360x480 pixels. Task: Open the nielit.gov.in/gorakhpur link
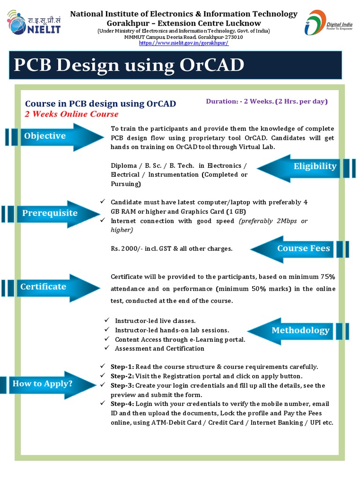pyautogui.click(x=184, y=43)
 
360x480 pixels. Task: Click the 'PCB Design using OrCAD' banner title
pyautogui.click(x=129, y=65)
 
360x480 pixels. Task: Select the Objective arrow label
pyautogui.click(x=45, y=136)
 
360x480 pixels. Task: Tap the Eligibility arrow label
pyautogui.click(x=315, y=166)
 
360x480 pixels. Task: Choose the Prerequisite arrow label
pyautogui.click(x=50, y=213)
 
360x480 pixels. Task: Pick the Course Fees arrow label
pyautogui.click(x=304, y=248)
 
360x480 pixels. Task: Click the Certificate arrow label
pyautogui.click(x=43, y=286)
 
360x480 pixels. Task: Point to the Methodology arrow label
pyautogui.click(x=300, y=330)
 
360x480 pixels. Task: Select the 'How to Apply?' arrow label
pyautogui.click(x=43, y=383)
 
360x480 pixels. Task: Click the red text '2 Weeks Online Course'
pyautogui.click(x=72, y=114)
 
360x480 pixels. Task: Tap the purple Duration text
pyautogui.click(x=266, y=101)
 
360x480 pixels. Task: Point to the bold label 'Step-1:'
pyautogui.click(x=122, y=367)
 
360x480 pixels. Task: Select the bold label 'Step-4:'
pyautogui.click(x=122, y=404)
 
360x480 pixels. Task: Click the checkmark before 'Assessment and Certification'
pyautogui.click(x=106, y=348)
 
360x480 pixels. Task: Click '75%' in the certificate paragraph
pyautogui.click(x=327, y=277)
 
